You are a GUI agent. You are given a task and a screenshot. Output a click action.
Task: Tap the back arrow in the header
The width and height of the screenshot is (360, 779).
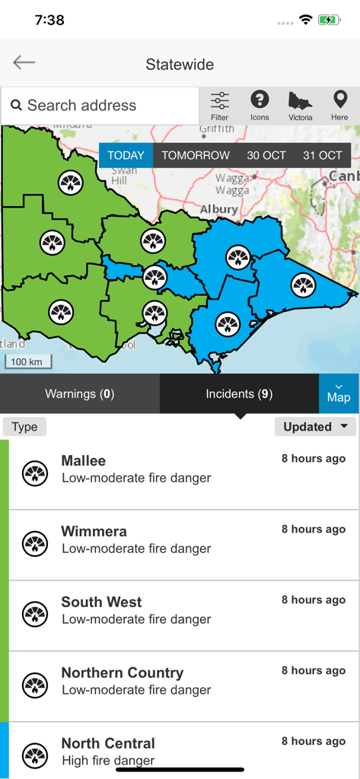tap(24, 63)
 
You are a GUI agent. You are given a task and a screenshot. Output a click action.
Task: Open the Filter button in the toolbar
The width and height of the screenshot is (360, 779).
tap(219, 106)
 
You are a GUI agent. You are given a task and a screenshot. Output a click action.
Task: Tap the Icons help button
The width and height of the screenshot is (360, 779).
tap(260, 106)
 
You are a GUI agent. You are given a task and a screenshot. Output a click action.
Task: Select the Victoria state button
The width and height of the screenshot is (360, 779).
tap(301, 106)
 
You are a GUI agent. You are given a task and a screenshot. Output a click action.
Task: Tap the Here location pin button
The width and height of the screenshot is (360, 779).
tap(339, 106)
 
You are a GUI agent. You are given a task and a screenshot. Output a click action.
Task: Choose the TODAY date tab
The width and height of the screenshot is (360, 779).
tap(126, 155)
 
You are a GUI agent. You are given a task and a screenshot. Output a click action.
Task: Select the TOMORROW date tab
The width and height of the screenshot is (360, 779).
tap(196, 155)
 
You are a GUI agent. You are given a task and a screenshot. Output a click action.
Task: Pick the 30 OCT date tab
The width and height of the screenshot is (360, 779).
tap(266, 155)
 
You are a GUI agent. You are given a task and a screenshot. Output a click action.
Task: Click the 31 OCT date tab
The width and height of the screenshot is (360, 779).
tap(323, 155)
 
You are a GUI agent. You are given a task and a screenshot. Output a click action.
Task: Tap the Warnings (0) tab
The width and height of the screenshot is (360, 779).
tap(79, 394)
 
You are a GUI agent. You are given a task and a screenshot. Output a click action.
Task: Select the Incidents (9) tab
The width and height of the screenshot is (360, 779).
tap(239, 394)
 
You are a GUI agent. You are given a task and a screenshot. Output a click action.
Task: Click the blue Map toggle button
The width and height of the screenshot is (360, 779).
tap(339, 393)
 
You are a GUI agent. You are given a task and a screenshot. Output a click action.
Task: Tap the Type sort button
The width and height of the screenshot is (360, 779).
tap(24, 427)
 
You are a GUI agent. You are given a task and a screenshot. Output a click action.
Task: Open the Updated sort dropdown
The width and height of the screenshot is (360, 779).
tap(315, 427)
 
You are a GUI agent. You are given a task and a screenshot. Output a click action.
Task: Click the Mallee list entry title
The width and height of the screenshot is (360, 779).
tap(84, 461)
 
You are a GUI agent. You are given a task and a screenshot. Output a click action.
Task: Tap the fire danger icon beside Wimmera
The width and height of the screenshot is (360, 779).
tap(35, 544)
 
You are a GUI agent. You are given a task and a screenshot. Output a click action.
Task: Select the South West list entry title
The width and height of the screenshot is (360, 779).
tap(101, 603)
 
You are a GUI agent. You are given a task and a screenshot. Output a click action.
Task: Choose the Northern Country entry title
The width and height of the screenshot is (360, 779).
tap(123, 673)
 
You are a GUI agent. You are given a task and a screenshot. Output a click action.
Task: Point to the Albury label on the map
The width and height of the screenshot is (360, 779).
tap(219, 208)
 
